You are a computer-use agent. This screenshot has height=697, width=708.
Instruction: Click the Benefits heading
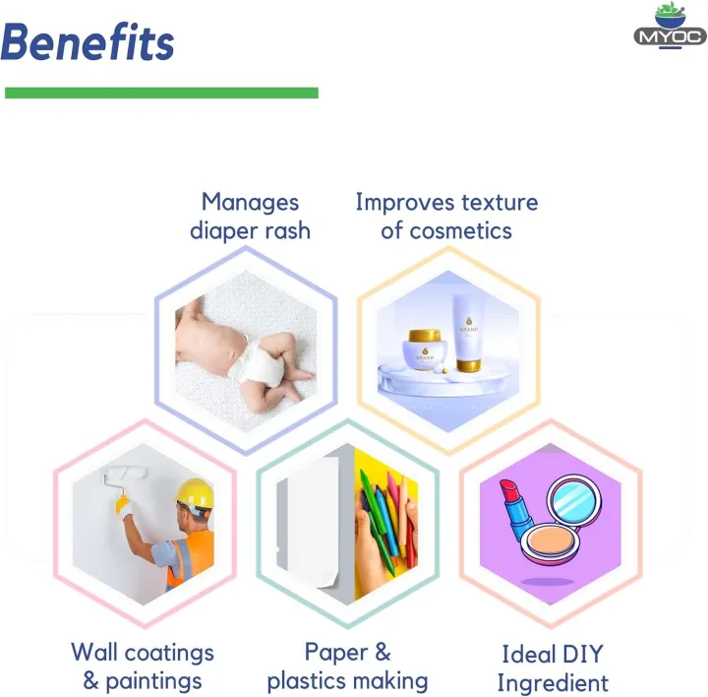(x=88, y=42)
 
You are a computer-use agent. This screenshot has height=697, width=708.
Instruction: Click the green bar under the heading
(x=161, y=93)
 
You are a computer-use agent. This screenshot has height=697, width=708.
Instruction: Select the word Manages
(x=250, y=203)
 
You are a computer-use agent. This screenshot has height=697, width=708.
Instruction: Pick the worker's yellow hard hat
(x=195, y=492)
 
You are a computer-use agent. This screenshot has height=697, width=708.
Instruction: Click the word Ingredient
(x=552, y=683)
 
